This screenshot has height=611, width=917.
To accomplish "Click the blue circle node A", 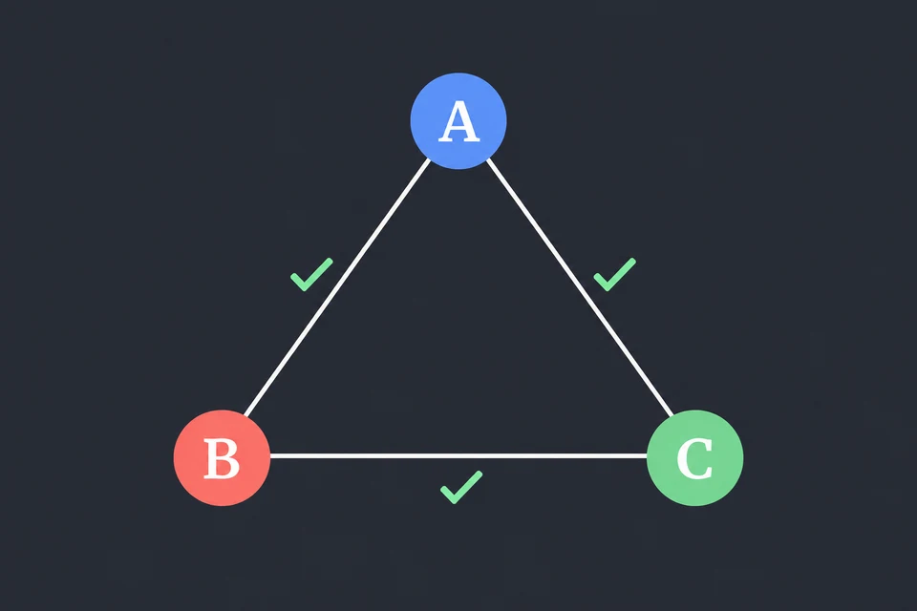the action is click(458, 121).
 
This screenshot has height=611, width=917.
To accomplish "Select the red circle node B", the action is click(222, 458).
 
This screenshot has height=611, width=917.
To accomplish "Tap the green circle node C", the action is click(694, 458).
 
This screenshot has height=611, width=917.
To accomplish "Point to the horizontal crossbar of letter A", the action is click(459, 129).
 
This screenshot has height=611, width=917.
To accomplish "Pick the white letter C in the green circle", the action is click(694, 458).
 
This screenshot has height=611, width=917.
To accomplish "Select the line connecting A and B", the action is click(337, 287).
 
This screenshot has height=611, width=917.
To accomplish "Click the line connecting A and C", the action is click(580, 287).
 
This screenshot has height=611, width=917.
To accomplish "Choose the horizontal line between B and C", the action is click(458, 456).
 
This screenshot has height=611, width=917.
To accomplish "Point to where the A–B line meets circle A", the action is click(430, 159).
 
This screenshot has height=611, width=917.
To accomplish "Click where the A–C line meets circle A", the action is click(487, 159).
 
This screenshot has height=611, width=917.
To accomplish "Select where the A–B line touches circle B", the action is click(245, 415).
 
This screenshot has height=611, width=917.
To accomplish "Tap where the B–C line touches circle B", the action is click(270, 456).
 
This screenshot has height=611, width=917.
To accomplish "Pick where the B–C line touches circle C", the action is click(647, 456).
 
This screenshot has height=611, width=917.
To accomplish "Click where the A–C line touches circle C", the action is click(672, 415).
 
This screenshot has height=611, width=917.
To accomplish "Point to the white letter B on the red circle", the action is click(222, 458).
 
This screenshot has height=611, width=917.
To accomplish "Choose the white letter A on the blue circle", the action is click(459, 121).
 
